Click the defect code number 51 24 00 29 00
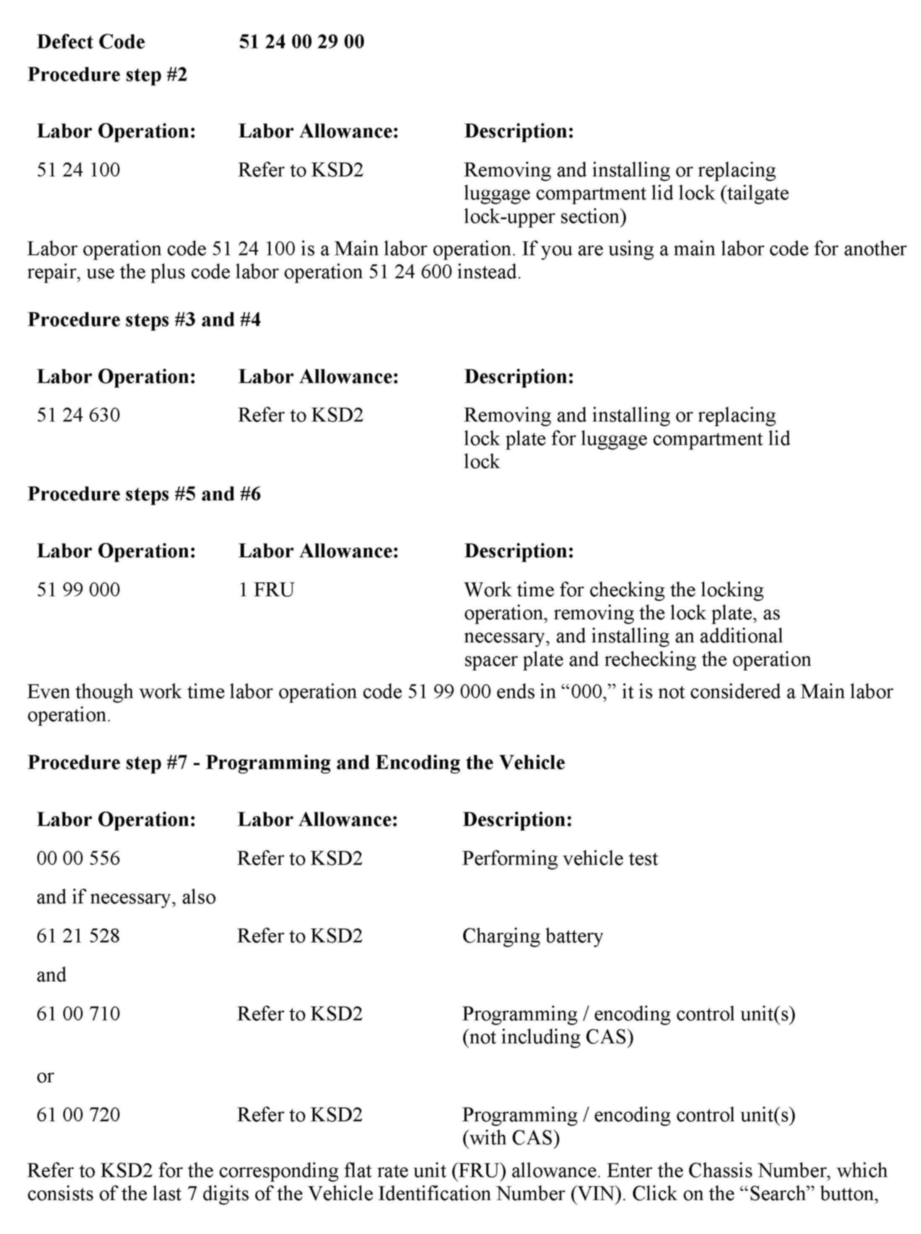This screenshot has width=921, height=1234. [x=301, y=42]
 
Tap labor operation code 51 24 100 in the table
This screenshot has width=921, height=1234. [x=78, y=170]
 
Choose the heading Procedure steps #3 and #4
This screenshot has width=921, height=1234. [x=144, y=320]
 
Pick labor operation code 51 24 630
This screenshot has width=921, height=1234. [x=78, y=415]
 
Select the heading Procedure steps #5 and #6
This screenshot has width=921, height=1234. [x=144, y=494]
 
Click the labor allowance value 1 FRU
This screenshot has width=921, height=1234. [x=266, y=590]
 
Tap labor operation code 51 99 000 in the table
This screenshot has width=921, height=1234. [x=78, y=590]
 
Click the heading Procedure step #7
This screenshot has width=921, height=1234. [x=296, y=762]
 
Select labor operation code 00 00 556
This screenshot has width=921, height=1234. [x=78, y=858]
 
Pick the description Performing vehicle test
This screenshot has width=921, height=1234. [x=560, y=858]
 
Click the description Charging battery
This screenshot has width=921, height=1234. [x=532, y=936]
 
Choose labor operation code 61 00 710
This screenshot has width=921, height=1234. [x=78, y=1013]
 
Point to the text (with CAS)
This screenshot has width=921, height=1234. [x=511, y=1138]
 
